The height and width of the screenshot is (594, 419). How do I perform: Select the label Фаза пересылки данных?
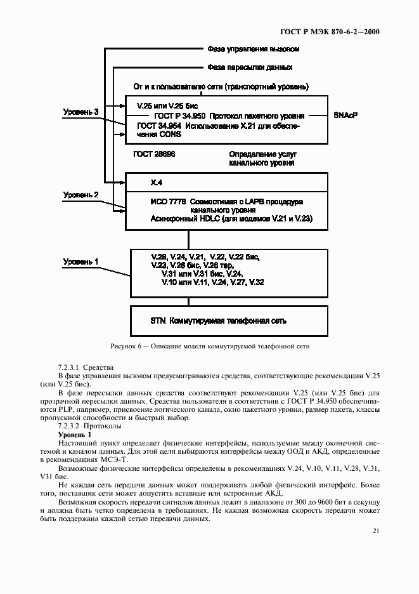click(x=250, y=67)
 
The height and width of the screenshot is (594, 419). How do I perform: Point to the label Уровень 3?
click(x=81, y=112)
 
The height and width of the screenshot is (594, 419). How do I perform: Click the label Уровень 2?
click(x=81, y=195)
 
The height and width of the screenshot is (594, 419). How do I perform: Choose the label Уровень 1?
click(x=81, y=261)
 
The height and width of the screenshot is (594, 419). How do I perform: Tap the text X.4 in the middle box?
click(x=157, y=183)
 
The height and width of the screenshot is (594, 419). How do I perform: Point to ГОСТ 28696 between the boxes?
click(x=154, y=154)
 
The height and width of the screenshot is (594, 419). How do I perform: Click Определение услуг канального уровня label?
click(x=262, y=159)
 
